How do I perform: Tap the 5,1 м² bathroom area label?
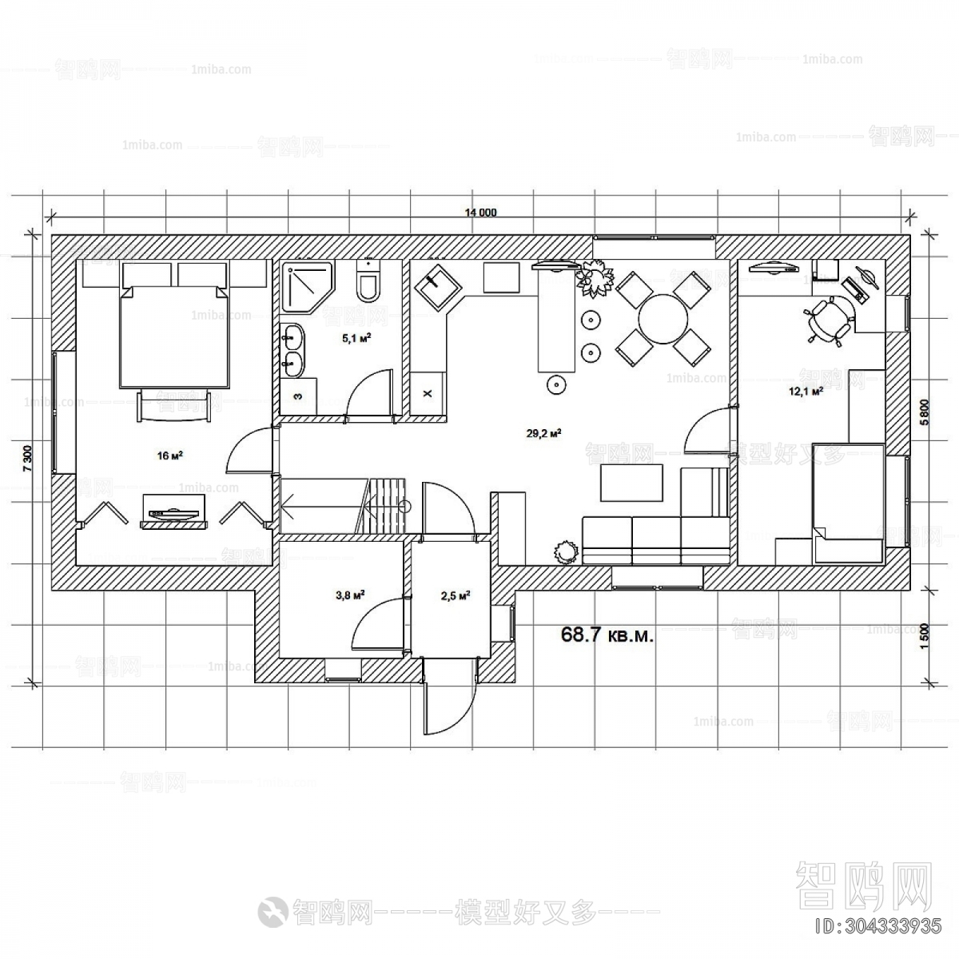click(x=356, y=338)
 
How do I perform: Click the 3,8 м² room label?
click(x=349, y=595)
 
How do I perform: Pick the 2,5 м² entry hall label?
click(x=454, y=595)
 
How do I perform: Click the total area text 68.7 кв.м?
click(x=608, y=635)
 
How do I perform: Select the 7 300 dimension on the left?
click(x=26, y=459)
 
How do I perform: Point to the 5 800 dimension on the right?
click(x=924, y=414)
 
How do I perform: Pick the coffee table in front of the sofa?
click(x=631, y=483)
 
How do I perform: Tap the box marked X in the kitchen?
click(x=427, y=393)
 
